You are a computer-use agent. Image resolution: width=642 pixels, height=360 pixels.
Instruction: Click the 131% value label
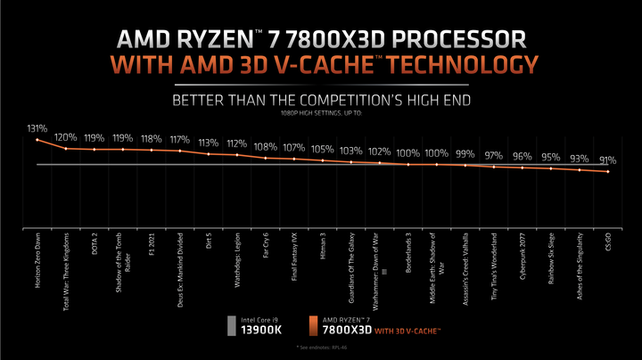coord(37,128)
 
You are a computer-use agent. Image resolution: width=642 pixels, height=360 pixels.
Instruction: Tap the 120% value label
coord(65,138)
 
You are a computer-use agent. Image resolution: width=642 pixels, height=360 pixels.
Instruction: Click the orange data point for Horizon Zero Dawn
coord(37,140)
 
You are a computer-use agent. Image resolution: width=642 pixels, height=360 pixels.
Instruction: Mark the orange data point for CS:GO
coord(608,172)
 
